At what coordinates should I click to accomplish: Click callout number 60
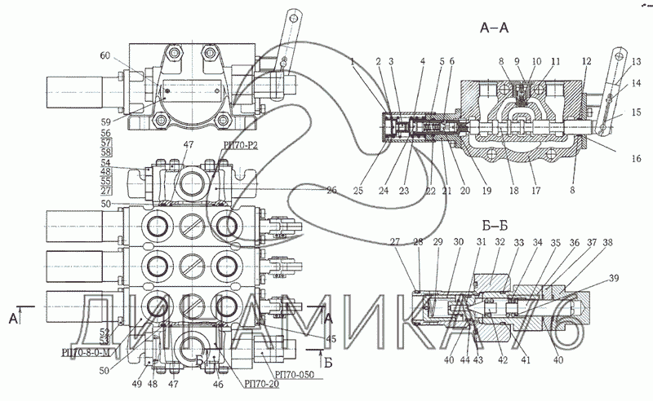coord(104,55)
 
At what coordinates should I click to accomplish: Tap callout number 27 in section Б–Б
coord(396,241)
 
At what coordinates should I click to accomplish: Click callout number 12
coord(586,62)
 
